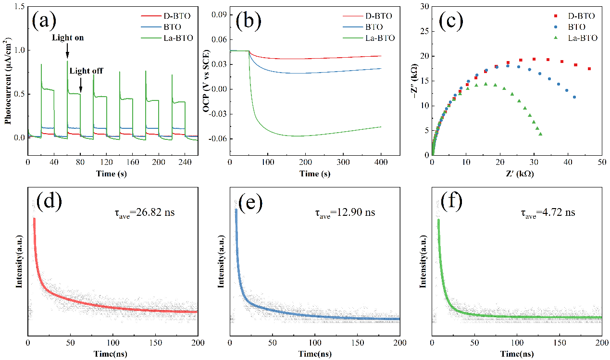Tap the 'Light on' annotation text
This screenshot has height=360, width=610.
pos(67,37)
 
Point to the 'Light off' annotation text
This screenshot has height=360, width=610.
pos(86,71)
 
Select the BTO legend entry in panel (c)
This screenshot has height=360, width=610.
pos(584,27)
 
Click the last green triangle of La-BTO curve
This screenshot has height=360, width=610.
pos(541,134)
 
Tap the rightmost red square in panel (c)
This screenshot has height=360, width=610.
pos(589,69)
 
